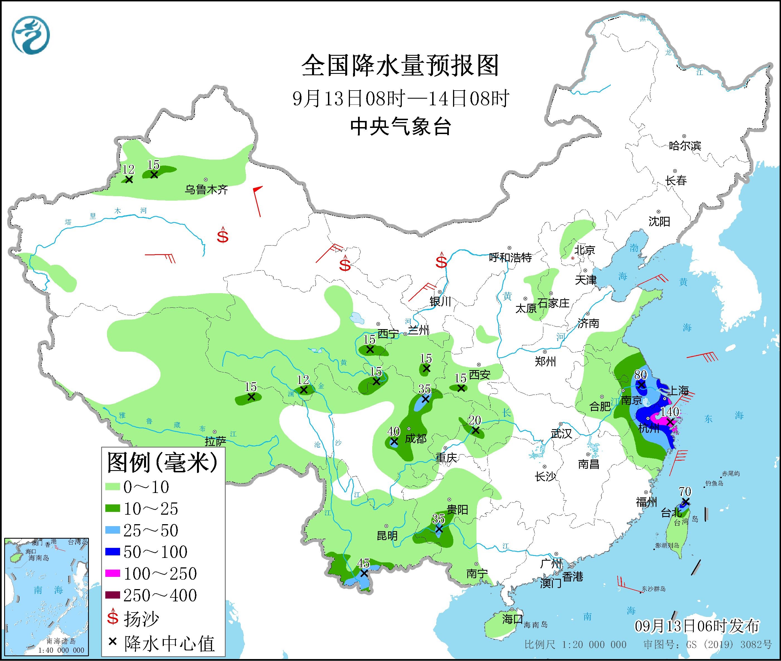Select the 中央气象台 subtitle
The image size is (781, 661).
coord(400,127)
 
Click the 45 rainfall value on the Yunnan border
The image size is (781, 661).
coord(363,563)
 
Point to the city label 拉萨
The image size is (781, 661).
coord(215,441)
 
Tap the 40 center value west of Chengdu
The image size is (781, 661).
coord(393,431)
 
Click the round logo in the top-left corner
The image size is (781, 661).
coord(31,35)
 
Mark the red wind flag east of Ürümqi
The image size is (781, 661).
coord(258,200)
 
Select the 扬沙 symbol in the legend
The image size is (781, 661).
coord(113,618)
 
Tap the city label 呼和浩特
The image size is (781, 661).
coord(510,257)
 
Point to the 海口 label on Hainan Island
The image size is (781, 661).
coord(512,619)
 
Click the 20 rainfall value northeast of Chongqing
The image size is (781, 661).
coord(475,420)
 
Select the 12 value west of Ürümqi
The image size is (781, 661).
coord(128,169)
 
